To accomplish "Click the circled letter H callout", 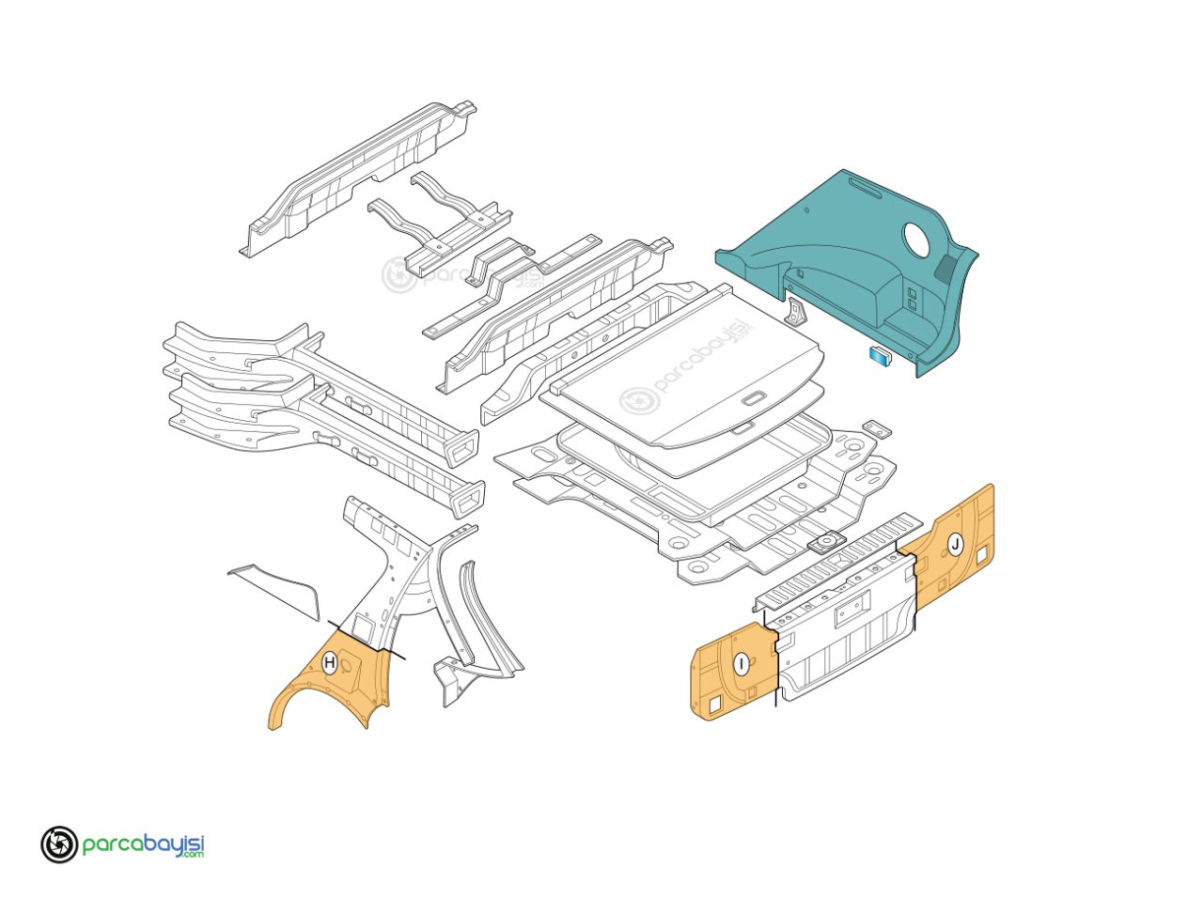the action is click(329, 662).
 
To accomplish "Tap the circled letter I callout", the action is click(742, 664).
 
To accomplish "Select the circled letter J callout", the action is click(955, 544).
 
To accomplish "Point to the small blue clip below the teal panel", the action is click(881, 355).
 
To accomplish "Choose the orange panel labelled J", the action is click(946, 548).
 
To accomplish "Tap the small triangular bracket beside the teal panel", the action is click(799, 312).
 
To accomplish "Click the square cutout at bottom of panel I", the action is click(716, 705).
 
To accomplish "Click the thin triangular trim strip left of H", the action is click(275, 589).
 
